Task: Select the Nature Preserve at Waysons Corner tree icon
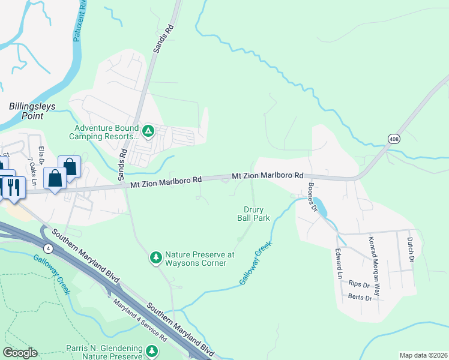155,257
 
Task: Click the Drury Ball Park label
256,214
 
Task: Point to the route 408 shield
393,139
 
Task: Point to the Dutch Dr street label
410,250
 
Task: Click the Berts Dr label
360,296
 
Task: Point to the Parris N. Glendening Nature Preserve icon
152,350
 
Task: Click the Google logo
20,353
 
